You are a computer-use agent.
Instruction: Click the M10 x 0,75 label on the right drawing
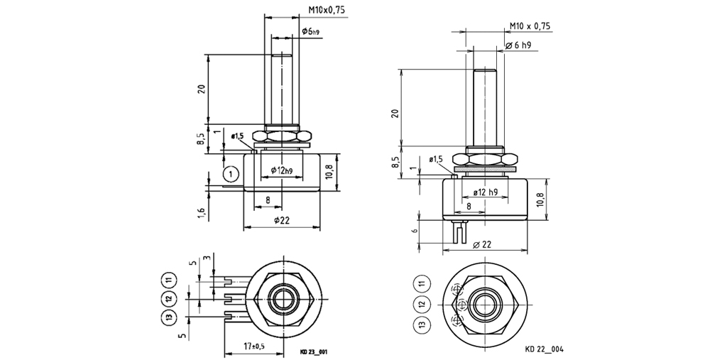point(530,26)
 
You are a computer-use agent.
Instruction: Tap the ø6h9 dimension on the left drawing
point(310,31)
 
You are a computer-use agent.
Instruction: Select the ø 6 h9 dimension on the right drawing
point(520,45)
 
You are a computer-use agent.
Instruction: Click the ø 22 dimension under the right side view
point(481,245)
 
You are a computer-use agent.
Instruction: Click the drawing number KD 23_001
point(314,351)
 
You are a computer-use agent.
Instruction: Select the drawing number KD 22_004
point(545,349)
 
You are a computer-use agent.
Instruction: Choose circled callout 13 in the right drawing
point(422,325)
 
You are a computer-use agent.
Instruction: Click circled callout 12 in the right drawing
point(422,305)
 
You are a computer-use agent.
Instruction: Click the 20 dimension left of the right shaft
point(395,113)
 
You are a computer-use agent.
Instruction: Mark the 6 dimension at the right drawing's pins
point(413,231)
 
